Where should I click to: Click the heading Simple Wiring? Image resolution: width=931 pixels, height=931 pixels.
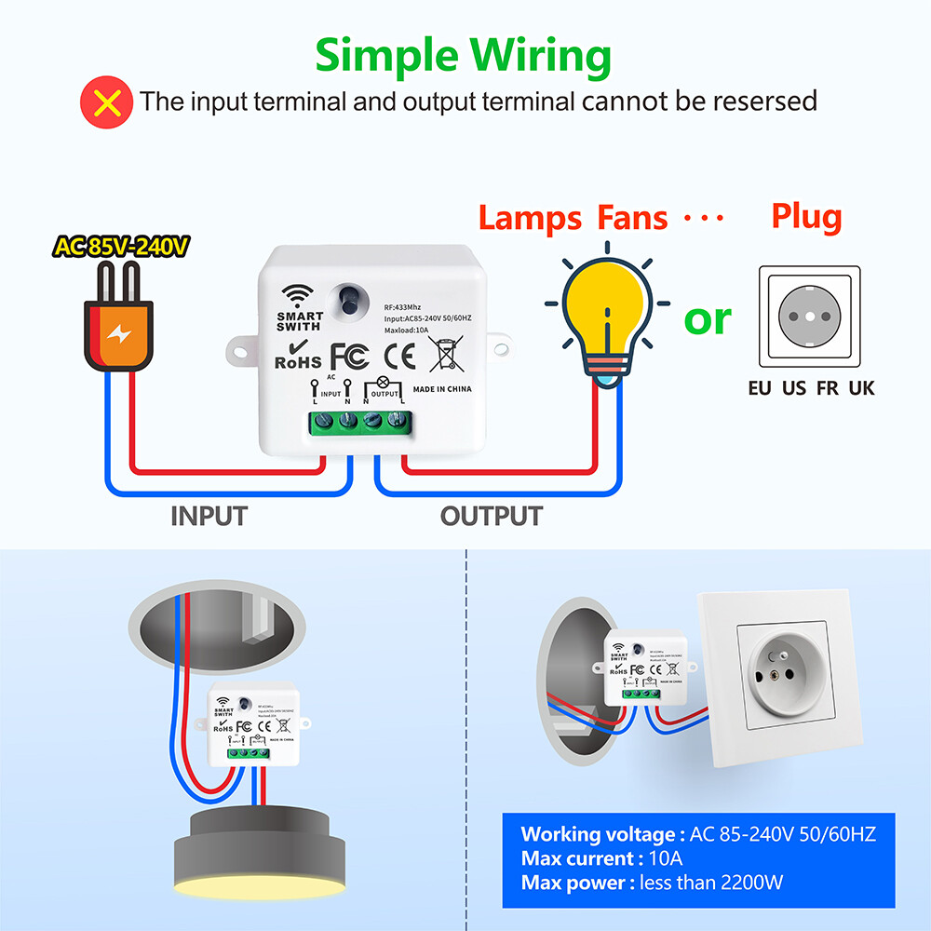[x=463, y=56]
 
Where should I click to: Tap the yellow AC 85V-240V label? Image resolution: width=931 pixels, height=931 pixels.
[x=122, y=247]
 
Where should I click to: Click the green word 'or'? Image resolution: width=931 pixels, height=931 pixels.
[x=708, y=319]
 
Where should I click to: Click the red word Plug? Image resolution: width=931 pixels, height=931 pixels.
[x=806, y=217]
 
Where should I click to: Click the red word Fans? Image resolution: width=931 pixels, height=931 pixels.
[x=632, y=218]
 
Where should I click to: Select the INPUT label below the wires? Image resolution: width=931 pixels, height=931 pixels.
[x=209, y=515]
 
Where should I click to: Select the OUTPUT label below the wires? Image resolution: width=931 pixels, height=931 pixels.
[x=491, y=515]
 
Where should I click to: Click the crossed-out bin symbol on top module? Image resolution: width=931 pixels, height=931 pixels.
[x=444, y=355]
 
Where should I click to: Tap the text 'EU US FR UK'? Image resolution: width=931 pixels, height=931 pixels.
[x=811, y=388]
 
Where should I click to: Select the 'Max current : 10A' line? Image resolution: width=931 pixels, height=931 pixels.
[x=601, y=857]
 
